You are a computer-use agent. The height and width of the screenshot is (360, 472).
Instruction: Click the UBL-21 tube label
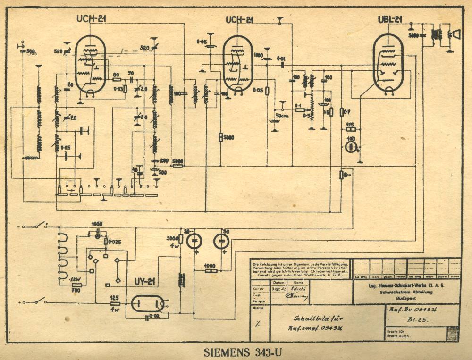point(390,19)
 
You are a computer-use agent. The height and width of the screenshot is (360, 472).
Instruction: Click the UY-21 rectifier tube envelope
point(148,304)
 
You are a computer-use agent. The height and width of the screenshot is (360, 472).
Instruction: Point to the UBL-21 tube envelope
point(388,64)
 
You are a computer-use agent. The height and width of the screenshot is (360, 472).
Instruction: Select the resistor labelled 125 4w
point(115,304)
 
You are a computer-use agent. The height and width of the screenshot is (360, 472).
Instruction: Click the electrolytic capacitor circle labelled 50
point(220,242)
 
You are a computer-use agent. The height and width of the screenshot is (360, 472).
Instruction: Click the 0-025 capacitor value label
point(114,242)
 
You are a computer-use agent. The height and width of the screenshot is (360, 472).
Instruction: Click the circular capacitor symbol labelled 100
point(350,147)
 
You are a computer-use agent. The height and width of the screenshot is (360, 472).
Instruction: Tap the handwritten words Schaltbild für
point(310,318)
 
